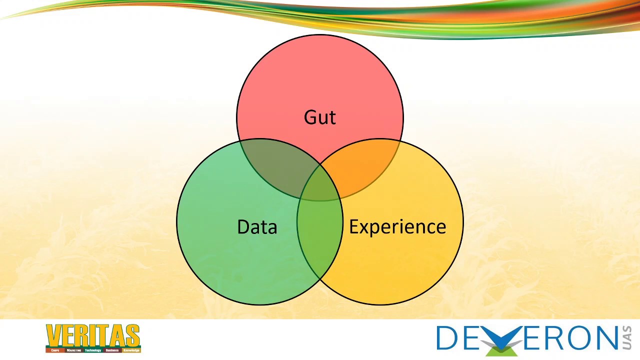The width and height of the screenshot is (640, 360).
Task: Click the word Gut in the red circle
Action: pyautogui.click(x=320, y=117)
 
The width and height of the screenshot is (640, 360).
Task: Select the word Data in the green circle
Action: pyautogui.click(x=257, y=227)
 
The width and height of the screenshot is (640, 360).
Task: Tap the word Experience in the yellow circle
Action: pyautogui.click(x=397, y=227)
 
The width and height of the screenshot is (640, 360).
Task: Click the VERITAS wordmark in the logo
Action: pyautogui.click(x=93, y=335)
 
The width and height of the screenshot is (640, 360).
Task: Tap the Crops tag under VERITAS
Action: pyautogui.click(x=55, y=350)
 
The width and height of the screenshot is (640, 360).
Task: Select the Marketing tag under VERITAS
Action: pyautogui.click(x=73, y=350)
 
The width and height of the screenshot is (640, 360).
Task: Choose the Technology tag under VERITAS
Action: pyautogui.click(x=92, y=350)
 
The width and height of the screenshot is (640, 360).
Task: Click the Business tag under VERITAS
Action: pyautogui.click(x=112, y=350)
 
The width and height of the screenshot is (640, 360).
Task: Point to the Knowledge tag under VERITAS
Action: pyautogui.click(x=131, y=350)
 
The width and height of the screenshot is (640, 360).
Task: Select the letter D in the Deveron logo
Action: pyautogui.click(x=447, y=338)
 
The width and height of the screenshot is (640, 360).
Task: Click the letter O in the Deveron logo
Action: pyautogui.click(x=572, y=338)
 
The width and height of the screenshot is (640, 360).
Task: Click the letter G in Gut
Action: pyautogui.click(x=310, y=117)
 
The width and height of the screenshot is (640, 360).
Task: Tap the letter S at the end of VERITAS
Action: pyautogui.click(x=133, y=335)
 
